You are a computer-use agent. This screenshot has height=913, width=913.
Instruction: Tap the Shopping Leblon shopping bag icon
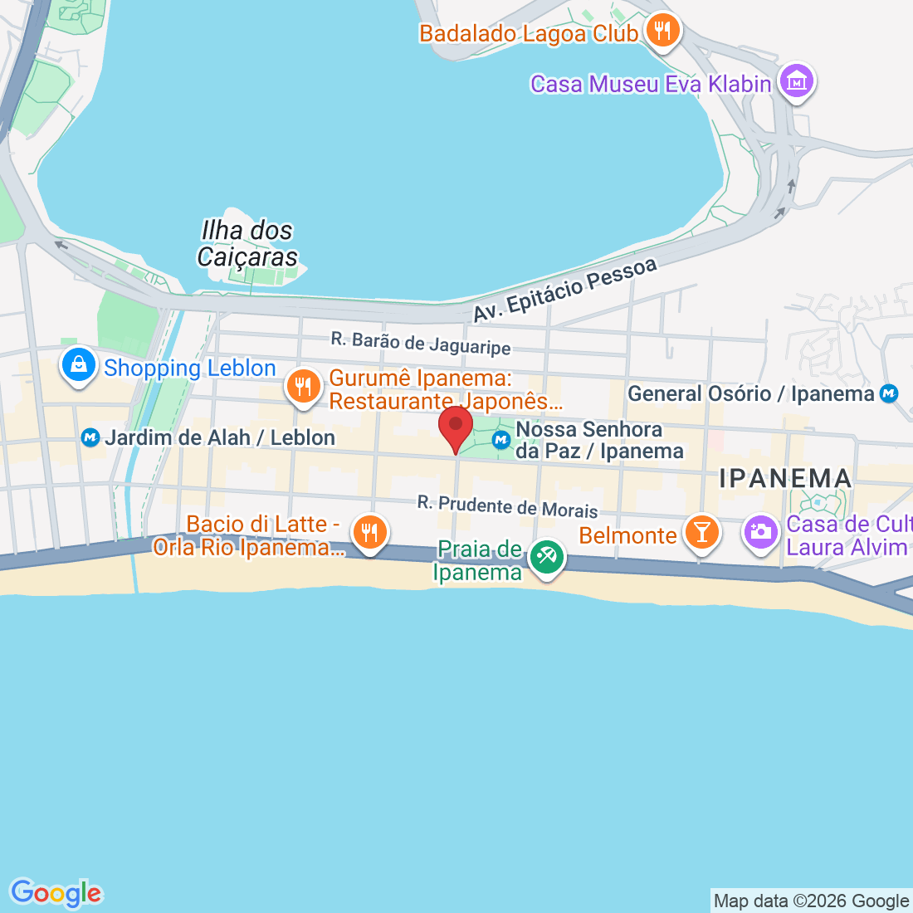coord(79,364)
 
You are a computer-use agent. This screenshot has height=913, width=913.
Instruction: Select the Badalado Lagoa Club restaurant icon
coord(662,32)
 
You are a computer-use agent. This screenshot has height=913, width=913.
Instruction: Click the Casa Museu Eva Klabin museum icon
coord(797,81)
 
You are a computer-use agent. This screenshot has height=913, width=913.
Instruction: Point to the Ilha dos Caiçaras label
coord(247,244)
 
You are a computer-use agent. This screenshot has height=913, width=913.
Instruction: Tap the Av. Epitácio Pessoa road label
coord(565,290)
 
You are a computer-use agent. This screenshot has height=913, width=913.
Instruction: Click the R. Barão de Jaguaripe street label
coord(421,343)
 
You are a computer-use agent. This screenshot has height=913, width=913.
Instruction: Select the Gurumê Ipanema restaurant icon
coord(304,386)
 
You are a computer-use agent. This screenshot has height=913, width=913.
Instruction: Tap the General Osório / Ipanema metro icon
coord(889,393)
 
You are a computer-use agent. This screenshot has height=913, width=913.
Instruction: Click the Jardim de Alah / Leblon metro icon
coord(91,437)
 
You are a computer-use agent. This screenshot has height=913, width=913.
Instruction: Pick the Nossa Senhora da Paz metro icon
coord(501,440)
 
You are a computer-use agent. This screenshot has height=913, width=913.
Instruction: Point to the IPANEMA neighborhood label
coord(785,478)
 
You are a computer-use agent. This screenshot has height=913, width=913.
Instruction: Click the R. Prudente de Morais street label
coord(507,506)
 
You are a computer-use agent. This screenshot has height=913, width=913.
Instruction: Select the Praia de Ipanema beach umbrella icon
coord(546,557)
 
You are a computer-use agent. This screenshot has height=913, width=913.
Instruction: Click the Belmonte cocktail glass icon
coord(701,532)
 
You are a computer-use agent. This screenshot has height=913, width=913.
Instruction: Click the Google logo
coord(56,893)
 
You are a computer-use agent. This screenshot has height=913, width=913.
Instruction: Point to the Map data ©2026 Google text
coord(811,901)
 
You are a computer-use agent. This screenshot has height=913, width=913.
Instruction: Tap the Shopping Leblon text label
coord(189,368)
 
